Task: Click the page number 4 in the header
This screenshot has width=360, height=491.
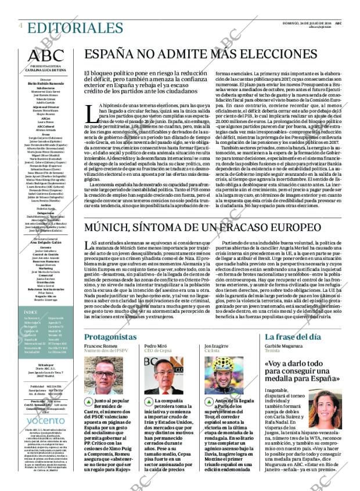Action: tap(21, 26)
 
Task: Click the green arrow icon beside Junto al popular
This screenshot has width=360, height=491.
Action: tap(89, 401)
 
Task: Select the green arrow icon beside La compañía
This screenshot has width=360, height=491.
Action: tap(149, 401)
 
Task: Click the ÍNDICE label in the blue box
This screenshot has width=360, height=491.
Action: tap(32, 328)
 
